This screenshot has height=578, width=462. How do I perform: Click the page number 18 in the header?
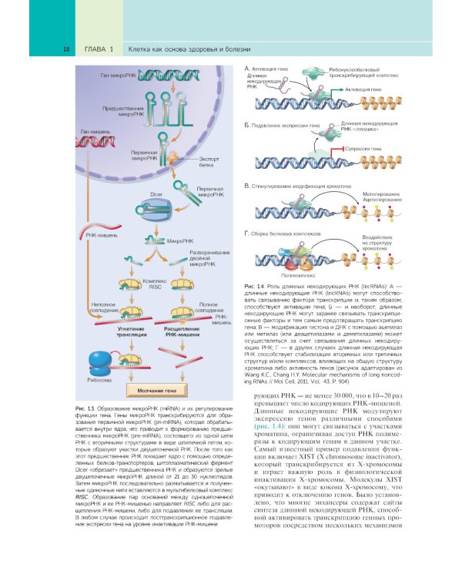[67, 49]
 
